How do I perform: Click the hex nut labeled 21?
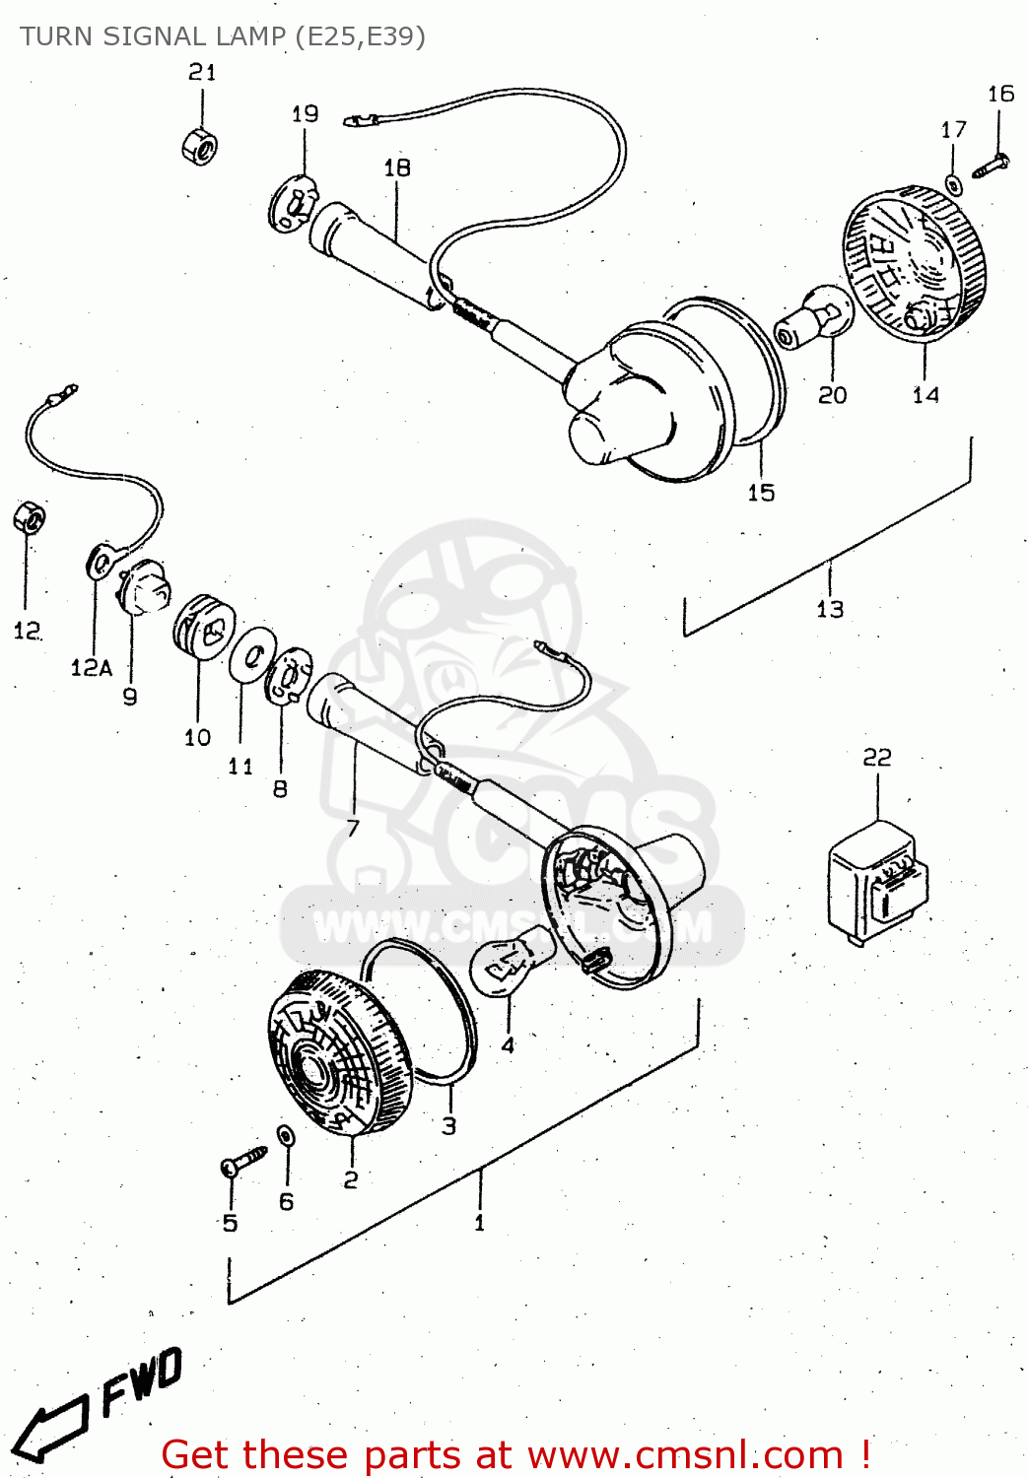200,146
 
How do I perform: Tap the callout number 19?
305,114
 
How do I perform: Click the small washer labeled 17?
953,183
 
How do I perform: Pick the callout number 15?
761,493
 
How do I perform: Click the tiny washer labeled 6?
286,1136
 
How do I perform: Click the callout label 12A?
91,668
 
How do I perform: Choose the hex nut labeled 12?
29,517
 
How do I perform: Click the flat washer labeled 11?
252,652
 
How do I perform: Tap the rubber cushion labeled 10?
204,625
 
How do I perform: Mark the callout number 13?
830,610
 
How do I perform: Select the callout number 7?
353,828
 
